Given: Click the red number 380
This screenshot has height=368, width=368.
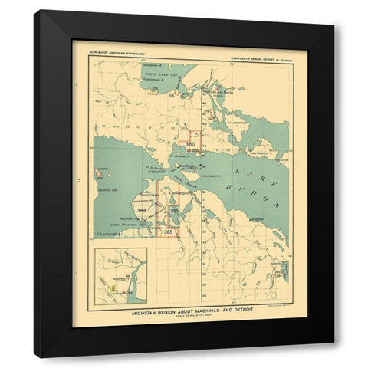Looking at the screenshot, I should click(x=191, y=144).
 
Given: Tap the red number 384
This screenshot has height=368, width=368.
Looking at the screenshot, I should click(x=142, y=209).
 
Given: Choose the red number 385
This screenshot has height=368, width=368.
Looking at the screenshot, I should click(x=169, y=231).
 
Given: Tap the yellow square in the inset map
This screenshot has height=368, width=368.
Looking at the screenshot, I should click(x=114, y=289).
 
